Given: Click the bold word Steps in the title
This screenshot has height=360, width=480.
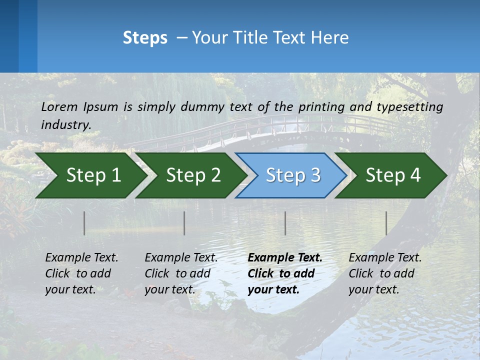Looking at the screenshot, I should [145, 38].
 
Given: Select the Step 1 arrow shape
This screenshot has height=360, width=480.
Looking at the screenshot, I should [93, 175].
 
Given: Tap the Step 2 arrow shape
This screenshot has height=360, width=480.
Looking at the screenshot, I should [193, 175].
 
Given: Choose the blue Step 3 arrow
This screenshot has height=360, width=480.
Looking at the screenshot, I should [293, 175].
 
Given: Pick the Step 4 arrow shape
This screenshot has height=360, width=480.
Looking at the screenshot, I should [393, 175].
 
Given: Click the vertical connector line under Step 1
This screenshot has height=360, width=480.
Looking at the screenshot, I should [84, 223].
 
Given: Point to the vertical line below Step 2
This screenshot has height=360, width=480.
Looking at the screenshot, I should [184, 223].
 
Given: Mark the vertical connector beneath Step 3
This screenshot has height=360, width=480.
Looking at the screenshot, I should [285, 223].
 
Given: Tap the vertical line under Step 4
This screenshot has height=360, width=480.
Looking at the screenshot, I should [386, 223].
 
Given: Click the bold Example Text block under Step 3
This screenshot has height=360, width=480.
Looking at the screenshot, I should [285, 273].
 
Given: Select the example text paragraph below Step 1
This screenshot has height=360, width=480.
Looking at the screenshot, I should [81, 273].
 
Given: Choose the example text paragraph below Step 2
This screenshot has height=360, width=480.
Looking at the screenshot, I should [181, 273].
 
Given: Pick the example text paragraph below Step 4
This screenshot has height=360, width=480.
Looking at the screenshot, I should [385, 273].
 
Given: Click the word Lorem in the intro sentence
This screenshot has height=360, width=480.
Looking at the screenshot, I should [59, 106].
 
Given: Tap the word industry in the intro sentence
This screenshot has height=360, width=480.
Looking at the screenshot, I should [65, 125].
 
